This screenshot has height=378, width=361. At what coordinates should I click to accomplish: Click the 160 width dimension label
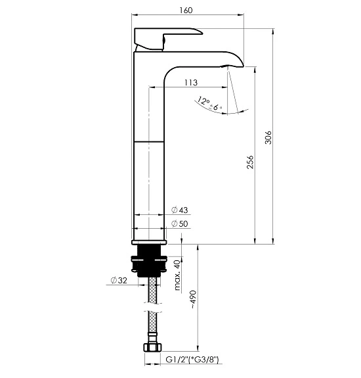tap(186, 10)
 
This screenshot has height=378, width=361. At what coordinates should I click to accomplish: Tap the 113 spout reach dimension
tap(191, 82)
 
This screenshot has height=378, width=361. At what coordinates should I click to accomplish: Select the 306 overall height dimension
tap(268, 137)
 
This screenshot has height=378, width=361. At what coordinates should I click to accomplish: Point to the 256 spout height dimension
tap(250, 162)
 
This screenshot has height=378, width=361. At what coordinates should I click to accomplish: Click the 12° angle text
tap(203, 101)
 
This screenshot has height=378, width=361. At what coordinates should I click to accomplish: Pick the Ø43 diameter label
tap(180, 210)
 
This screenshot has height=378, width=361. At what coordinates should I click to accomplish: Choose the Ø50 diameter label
tap(180, 224)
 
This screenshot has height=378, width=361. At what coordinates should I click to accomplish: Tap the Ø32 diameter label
tap(119, 280)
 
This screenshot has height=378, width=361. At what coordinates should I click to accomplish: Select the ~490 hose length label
tap(194, 300)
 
